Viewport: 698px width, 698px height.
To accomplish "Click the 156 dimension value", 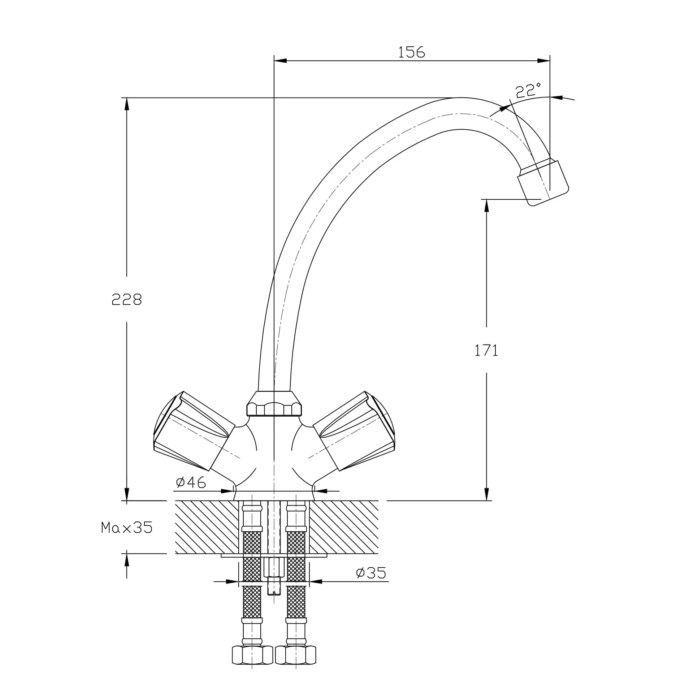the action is (x=411, y=52).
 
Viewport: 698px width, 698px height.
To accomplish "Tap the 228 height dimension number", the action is (x=126, y=299).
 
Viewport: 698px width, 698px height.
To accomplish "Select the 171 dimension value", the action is (x=486, y=351).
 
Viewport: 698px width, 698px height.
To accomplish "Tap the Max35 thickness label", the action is (x=127, y=528).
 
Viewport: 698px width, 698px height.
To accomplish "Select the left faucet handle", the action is (x=194, y=431).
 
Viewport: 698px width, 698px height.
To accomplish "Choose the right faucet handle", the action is (x=354, y=431).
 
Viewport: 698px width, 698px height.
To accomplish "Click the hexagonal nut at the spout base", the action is (x=274, y=404).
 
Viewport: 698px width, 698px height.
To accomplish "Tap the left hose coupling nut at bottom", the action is (x=252, y=665).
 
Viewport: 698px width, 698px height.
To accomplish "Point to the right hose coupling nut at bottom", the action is (x=295, y=665).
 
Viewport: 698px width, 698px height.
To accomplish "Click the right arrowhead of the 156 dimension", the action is (x=543, y=61).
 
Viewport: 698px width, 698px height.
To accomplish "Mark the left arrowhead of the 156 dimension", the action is (x=281, y=61).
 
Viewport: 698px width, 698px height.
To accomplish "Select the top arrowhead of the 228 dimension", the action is (x=126, y=104).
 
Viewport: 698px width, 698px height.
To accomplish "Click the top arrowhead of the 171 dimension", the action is (x=486, y=205).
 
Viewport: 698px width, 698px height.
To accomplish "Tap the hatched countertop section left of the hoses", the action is (x=207, y=527).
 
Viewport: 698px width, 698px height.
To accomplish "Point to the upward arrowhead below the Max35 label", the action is (x=126, y=560).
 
